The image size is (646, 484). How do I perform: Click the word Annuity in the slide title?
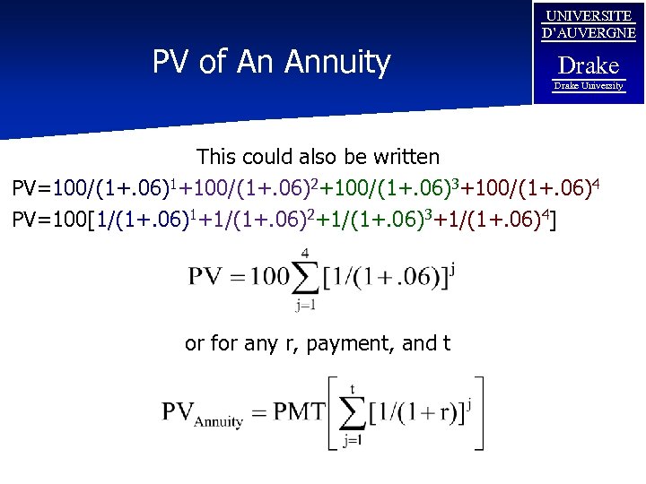pos(337,62)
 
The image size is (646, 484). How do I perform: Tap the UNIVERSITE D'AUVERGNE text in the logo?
pos(589,25)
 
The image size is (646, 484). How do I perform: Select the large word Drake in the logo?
pos(589,65)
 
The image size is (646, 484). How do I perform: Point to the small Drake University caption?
pos(589,86)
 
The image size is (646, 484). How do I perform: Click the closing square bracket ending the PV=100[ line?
pos(561,218)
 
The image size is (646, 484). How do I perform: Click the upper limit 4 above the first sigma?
pos(305,254)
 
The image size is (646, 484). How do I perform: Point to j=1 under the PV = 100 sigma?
pos(305,305)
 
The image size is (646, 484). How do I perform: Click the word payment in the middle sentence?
pos(344,343)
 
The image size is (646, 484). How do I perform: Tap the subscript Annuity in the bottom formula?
pos(220,420)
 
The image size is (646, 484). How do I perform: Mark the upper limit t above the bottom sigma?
pos(353,389)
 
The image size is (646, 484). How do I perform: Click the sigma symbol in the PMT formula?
pos(353,413)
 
